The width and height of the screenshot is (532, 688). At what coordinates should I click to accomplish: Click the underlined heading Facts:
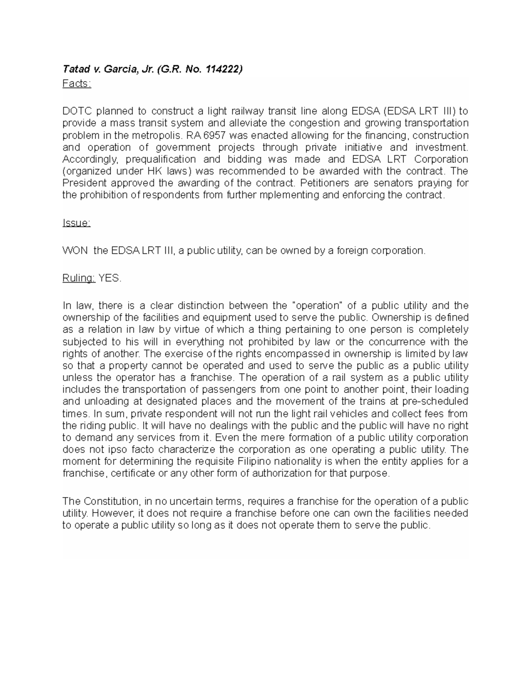(x=76, y=84)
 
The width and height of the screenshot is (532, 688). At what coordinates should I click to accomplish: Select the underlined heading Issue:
(x=76, y=223)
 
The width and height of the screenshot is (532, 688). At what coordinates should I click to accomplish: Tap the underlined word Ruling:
(x=78, y=278)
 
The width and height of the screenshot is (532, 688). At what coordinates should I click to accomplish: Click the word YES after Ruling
(x=109, y=278)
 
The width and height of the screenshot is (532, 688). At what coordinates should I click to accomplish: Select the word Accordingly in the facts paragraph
(x=91, y=159)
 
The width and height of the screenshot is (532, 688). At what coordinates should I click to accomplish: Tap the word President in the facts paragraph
(x=85, y=183)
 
